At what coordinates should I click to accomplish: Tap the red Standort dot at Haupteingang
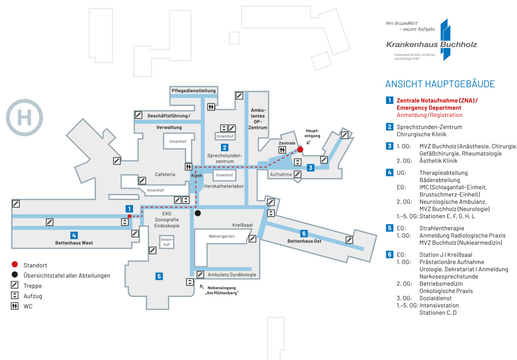tap(300, 150)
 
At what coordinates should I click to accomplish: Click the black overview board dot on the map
tap(197, 213)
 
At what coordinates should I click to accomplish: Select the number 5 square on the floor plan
tap(159, 276)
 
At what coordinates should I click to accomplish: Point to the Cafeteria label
tap(165, 175)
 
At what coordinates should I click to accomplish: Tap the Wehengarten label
tap(221, 237)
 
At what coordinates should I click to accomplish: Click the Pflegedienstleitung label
tap(193, 91)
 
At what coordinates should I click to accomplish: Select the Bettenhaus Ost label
tap(304, 241)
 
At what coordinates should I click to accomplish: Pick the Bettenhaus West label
tap(74, 243)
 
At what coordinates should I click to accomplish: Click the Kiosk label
tap(196, 175)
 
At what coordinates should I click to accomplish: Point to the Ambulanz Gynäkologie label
tap(232, 275)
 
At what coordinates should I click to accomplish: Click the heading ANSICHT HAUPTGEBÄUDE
tap(440, 84)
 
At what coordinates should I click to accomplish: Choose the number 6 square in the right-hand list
tap(389, 254)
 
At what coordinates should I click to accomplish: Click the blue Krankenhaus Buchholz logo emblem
tap(445, 39)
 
